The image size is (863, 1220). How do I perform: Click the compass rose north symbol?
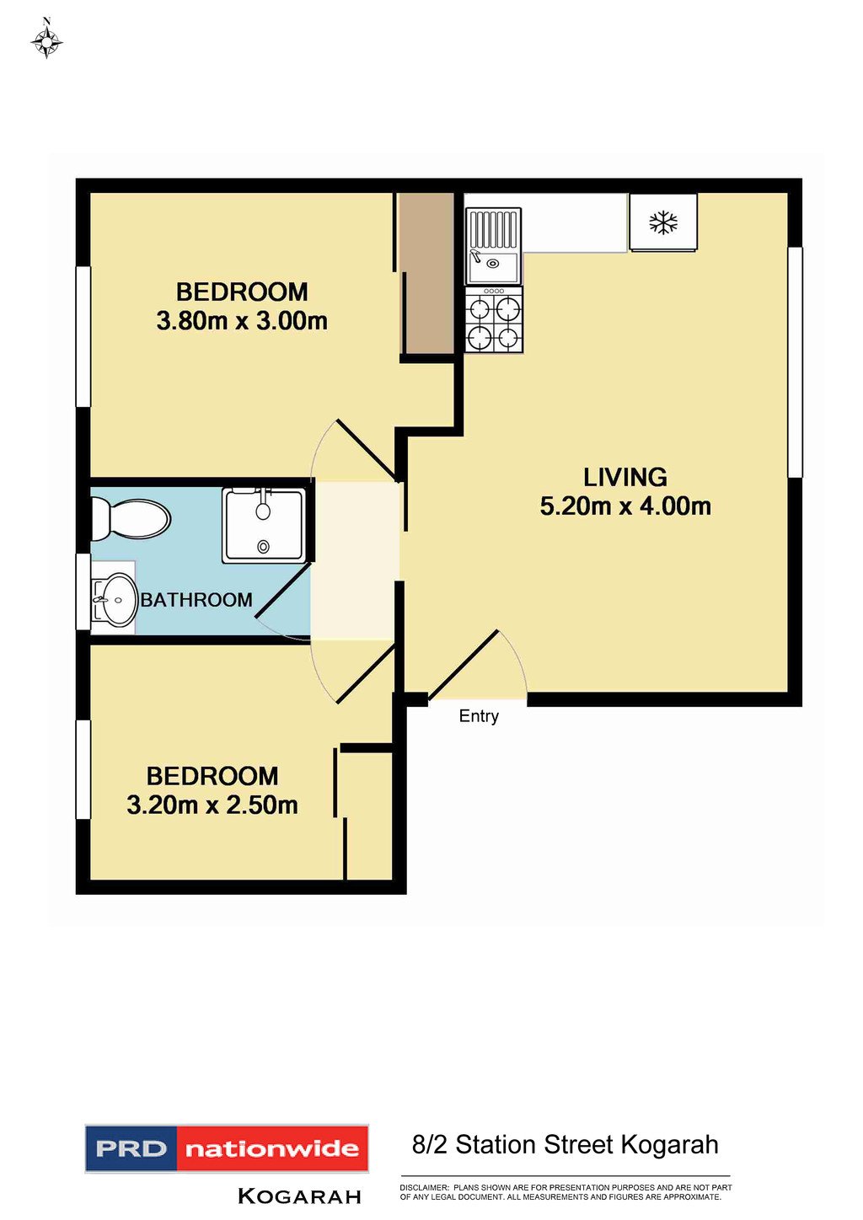[46, 39]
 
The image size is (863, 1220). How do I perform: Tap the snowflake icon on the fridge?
[663, 222]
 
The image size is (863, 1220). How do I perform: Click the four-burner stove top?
[494, 320]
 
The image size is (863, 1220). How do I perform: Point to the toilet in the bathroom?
[131, 518]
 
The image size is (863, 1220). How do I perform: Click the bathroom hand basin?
[115, 600]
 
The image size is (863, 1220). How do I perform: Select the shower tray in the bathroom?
[264, 525]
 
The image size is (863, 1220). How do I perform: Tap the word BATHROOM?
[196, 600]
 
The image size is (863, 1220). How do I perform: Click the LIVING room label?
[625, 478]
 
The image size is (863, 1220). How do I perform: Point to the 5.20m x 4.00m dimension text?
[625, 506]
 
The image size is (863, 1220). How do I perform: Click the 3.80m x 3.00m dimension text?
[242, 321]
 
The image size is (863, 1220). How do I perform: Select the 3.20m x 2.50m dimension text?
[212, 805]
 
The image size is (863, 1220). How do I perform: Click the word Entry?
[479, 716]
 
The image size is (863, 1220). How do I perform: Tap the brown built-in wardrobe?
[426, 274]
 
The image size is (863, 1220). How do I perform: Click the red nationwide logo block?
[272, 1148]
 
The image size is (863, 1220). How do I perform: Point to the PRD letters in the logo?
[131, 1148]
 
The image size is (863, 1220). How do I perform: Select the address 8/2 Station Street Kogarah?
[565, 1145]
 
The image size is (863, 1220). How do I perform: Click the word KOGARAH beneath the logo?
[299, 1196]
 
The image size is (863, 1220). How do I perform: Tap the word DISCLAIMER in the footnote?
[424, 1187]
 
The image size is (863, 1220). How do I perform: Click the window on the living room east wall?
[795, 362]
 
